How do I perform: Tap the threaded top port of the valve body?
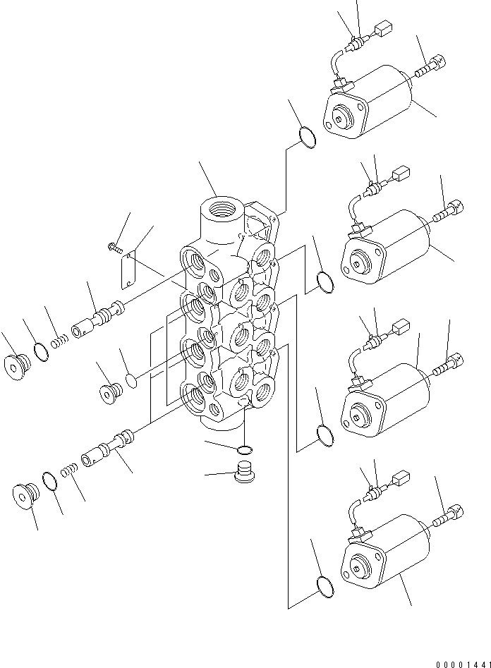(x=220, y=210)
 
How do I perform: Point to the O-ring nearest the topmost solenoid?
(x=308, y=137)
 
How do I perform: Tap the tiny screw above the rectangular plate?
(x=114, y=246)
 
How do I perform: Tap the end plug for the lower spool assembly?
(x=24, y=497)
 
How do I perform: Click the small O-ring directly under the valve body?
(x=244, y=449)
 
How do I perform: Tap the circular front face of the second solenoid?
(x=361, y=265)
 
